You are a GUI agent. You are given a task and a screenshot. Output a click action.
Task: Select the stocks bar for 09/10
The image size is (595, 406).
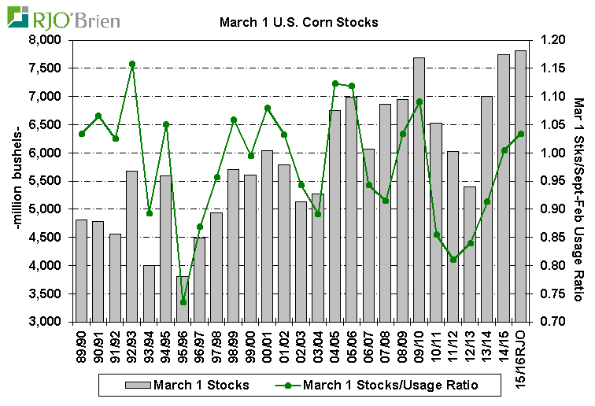419,189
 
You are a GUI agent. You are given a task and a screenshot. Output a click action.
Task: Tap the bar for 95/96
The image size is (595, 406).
183,299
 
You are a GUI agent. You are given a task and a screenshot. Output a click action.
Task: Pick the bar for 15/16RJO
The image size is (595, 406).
520,186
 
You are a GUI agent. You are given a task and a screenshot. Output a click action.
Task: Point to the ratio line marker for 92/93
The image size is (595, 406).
132,64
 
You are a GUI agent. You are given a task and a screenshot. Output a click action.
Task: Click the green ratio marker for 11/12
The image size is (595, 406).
453,260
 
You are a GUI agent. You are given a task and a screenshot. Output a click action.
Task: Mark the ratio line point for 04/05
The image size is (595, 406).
335,83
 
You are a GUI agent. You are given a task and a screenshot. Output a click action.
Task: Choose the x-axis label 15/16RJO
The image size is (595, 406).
520,352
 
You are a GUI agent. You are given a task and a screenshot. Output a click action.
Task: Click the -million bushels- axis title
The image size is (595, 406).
17,181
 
